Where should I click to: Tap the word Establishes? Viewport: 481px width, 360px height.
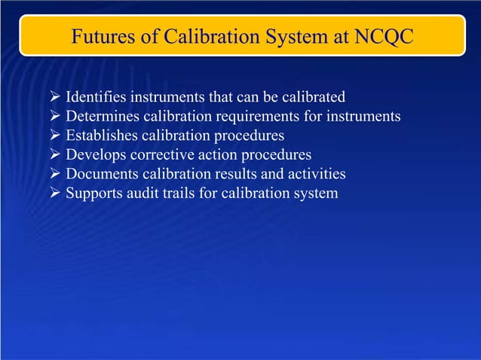(100, 136)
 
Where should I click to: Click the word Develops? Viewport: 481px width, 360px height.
(94, 155)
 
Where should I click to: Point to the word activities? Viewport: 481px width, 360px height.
(315, 175)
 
